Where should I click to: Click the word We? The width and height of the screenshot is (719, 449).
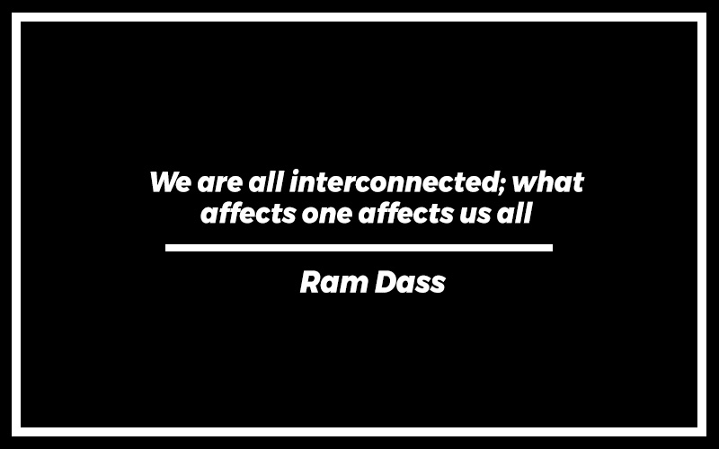coord(170,182)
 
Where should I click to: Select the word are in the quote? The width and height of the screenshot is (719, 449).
coord(219,184)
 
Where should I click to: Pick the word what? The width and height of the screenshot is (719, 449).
coord(548,182)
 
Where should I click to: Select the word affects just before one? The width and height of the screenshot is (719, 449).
coord(249,213)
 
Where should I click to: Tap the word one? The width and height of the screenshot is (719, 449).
coord(327,216)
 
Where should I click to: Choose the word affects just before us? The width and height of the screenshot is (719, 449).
coord(406,213)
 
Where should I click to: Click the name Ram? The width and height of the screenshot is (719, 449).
coord(334,282)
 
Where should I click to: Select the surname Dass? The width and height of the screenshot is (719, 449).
coord(411,282)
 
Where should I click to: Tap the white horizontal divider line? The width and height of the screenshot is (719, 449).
coord(359,248)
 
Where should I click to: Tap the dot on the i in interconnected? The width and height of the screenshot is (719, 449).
coord(297,173)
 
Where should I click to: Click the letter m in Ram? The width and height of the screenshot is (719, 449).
coord(353,285)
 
